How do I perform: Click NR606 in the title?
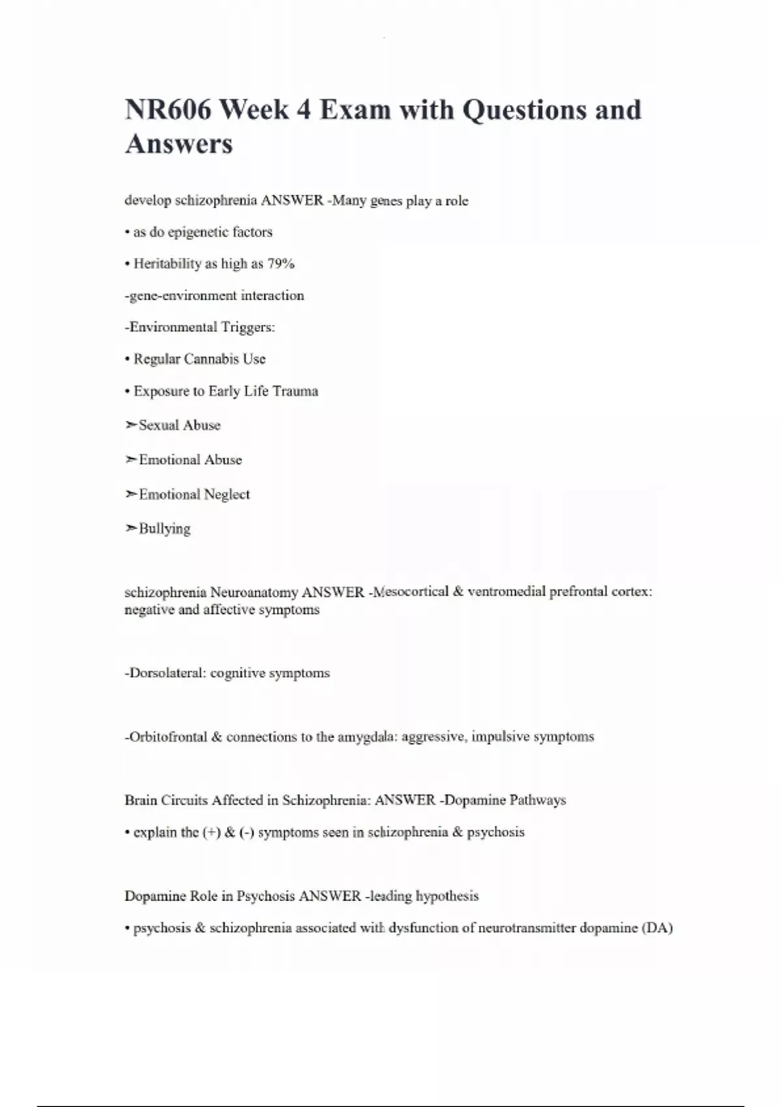[x=167, y=109]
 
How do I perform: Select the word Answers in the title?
[x=179, y=144]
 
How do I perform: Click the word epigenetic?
[x=198, y=232]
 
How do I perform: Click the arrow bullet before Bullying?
[x=130, y=528]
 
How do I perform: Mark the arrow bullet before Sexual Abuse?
[x=130, y=425]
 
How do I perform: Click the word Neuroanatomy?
[x=254, y=593]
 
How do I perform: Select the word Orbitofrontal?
[x=167, y=736]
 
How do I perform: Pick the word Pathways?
[x=538, y=800]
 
